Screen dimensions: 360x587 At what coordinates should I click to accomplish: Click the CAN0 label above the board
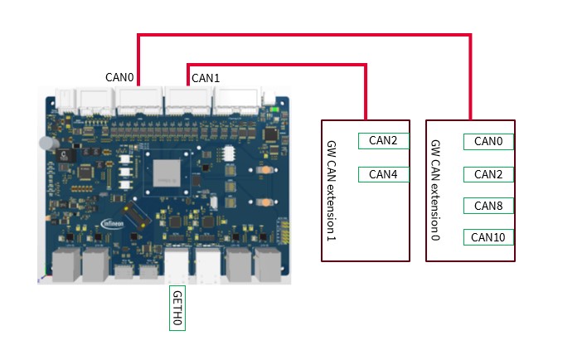coord(119,77)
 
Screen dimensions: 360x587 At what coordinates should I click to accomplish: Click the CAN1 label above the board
coord(205,78)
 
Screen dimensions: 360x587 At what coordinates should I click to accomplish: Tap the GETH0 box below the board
coord(177,309)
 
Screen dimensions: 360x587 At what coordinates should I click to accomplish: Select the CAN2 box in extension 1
coord(383,141)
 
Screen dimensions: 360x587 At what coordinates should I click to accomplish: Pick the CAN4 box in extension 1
coord(383,174)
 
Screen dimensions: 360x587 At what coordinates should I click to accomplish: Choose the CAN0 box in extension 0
coord(488,141)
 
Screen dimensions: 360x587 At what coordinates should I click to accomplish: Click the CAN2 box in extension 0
coord(488,174)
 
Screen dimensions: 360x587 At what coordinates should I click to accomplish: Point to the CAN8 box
coord(488,206)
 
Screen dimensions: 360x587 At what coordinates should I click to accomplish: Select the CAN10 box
coord(488,237)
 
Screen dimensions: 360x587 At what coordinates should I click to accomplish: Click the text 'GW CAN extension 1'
coord(332,191)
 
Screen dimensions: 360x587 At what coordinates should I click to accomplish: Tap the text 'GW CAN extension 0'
coord(436,191)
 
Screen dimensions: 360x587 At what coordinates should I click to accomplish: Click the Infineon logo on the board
coord(114,223)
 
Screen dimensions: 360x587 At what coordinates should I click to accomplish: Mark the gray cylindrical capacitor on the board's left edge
coord(48,144)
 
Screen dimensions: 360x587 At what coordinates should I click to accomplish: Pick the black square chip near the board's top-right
coord(269,134)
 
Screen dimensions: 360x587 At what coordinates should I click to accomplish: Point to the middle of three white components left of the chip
coord(125,173)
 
